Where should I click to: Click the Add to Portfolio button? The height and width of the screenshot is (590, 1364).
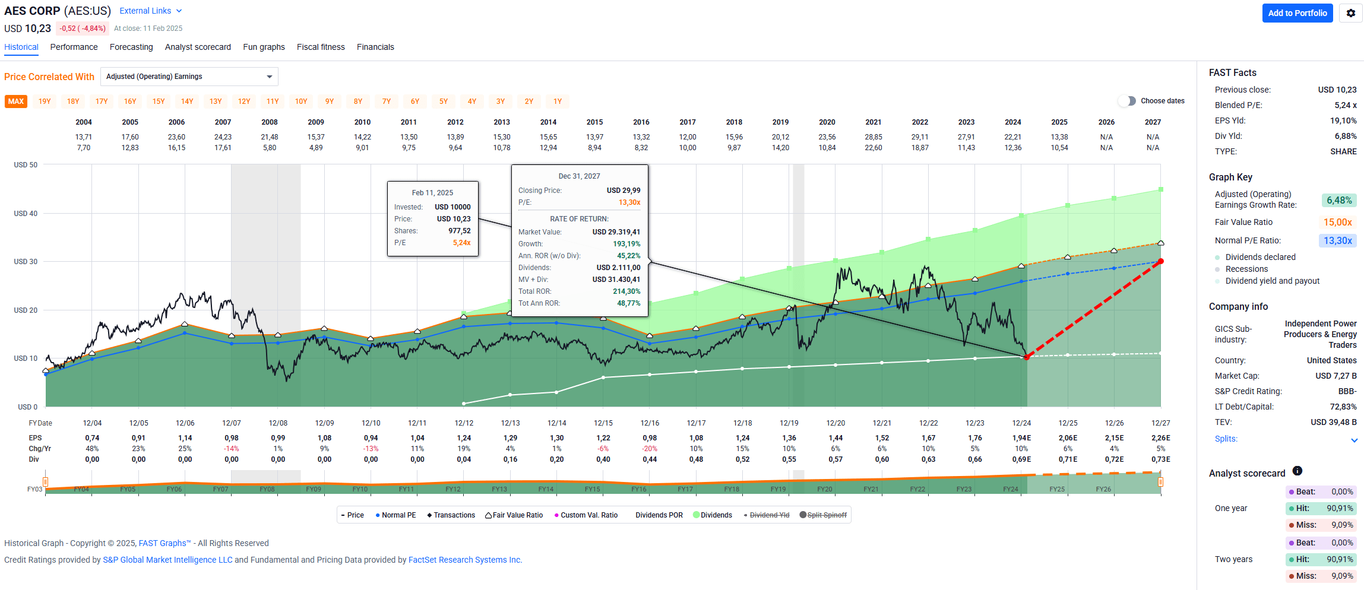(x=1297, y=13)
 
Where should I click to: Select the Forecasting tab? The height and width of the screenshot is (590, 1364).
(x=131, y=47)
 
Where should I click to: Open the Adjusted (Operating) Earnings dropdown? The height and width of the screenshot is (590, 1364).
(x=189, y=77)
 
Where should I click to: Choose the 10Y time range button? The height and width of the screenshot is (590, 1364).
(x=301, y=101)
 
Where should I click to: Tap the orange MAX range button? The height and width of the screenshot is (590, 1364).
(x=16, y=101)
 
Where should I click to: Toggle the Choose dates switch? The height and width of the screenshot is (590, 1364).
(x=1126, y=101)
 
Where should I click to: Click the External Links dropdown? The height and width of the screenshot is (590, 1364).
(x=150, y=11)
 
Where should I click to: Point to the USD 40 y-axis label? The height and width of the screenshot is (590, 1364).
(x=26, y=214)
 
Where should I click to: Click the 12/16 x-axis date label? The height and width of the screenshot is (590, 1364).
(x=650, y=423)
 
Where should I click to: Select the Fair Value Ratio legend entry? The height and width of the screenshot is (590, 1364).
(x=514, y=515)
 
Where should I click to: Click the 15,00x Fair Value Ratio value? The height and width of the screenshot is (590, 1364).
(x=1337, y=222)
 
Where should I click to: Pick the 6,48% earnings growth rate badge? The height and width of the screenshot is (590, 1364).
(x=1338, y=201)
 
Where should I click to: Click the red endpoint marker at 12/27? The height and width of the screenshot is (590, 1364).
(x=1160, y=261)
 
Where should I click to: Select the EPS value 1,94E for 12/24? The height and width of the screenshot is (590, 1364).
(x=1021, y=438)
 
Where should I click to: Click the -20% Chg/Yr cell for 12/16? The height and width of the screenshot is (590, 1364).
(x=650, y=449)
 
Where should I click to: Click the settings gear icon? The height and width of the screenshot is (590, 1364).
(x=1350, y=13)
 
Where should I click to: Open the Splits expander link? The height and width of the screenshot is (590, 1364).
(x=1226, y=439)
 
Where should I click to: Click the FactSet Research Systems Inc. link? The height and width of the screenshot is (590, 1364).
(x=465, y=560)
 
